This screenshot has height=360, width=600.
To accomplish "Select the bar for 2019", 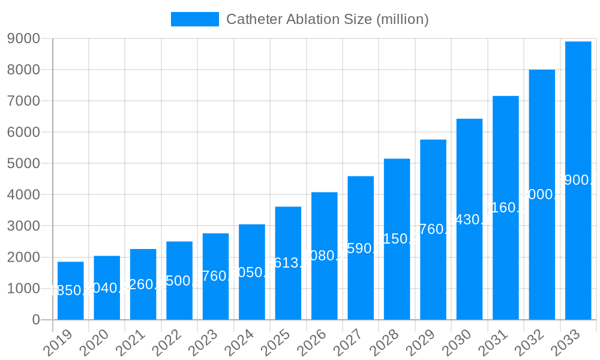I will pyautogui.click(x=71, y=290).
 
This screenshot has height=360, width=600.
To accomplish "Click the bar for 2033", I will pyautogui.click(x=578, y=180).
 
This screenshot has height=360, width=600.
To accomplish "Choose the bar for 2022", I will pyautogui.click(x=179, y=280).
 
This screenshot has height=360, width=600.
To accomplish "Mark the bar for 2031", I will pyautogui.click(x=506, y=208).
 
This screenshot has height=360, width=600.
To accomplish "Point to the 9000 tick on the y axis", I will pyautogui.click(x=23, y=38).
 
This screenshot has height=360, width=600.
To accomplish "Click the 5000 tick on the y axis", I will pyautogui.click(x=23, y=163).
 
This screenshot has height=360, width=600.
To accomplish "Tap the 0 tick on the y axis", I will pyautogui.click(x=36, y=320).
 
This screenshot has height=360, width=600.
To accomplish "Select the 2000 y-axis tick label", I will pyautogui.click(x=23, y=257).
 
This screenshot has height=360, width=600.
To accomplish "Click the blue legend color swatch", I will pyautogui.click(x=195, y=19).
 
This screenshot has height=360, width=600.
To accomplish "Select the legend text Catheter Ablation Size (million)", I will pyautogui.click(x=327, y=19).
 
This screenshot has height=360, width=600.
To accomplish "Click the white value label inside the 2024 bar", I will pyautogui.click(x=252, y=272).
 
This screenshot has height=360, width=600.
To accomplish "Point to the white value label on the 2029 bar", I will pyautogui.click(x=433, y=229).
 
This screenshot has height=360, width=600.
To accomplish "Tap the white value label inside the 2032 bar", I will pyautogui.click(x=542, y=194).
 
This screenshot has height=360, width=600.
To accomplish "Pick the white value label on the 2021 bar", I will pyautogui.click(x=143, y=284).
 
